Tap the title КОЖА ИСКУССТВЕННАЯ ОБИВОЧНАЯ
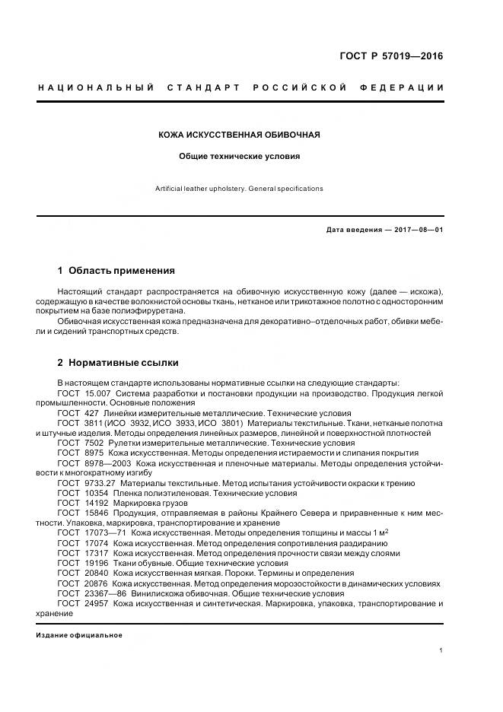(239, 135)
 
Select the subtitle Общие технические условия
(239, 156)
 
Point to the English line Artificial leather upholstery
(240, 189)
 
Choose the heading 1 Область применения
(116, 270)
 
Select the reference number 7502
(94, 442)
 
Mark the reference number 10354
(97, 492)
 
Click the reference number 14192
(97, 502)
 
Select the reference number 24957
(97, 602)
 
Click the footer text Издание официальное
(78, 634)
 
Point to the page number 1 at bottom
(441, 650)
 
